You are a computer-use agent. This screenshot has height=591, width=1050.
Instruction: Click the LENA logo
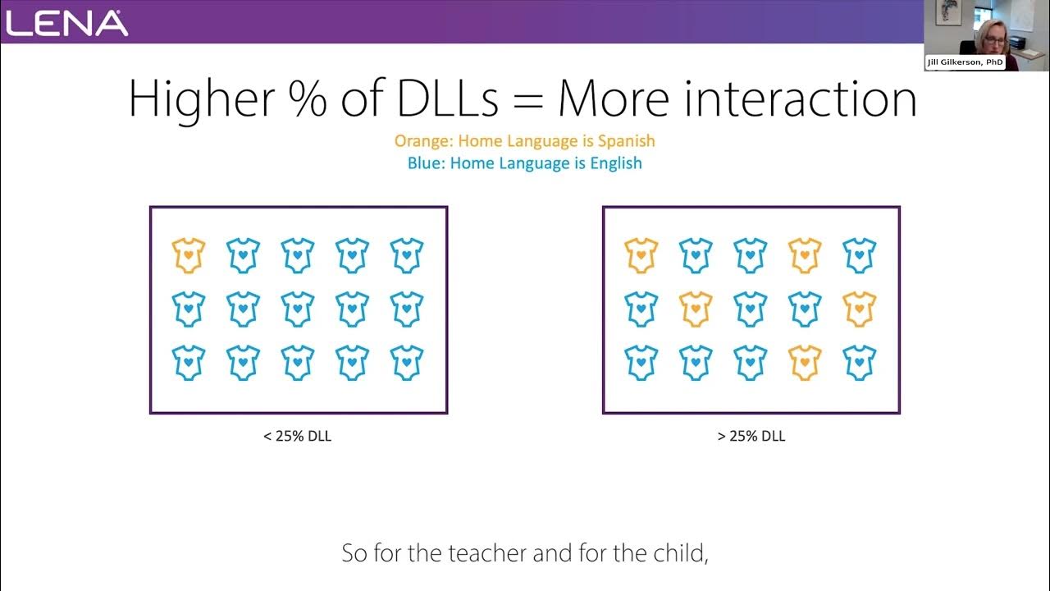(67, 22)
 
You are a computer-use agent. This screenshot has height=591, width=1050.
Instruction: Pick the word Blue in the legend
(426, 163)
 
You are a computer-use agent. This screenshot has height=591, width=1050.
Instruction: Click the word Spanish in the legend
(626, 141)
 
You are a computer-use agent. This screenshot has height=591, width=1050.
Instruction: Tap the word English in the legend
(615, 163)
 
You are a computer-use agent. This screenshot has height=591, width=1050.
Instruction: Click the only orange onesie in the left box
(189, 255)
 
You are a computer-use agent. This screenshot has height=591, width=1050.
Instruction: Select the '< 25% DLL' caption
(298, 437)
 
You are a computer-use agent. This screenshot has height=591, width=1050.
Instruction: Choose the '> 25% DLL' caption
(751, 437)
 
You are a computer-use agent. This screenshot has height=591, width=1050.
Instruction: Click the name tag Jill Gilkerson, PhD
(966, 62)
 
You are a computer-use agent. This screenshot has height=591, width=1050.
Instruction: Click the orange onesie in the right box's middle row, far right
(860, 309)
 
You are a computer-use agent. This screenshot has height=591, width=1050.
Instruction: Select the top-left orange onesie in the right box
(641, 255)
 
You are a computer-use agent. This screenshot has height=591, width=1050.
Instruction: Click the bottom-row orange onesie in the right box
(805, 363)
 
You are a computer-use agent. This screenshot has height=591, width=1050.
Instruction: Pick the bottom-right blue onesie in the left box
(407, 363)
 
